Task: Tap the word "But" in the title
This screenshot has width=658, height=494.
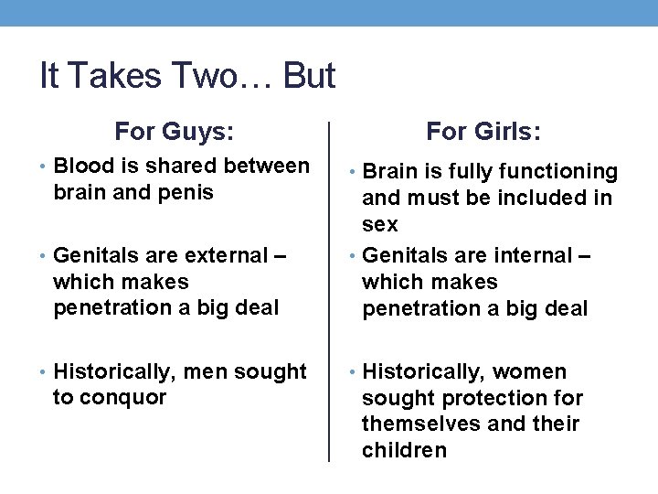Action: click(x=310, y=76)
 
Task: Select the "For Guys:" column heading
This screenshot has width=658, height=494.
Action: click(x=174, y=132)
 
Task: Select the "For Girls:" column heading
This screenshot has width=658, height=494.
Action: click(x=483, y=132)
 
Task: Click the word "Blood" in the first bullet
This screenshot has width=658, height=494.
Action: click(x=83, y=166)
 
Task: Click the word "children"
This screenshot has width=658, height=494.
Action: click(x=404, y=450)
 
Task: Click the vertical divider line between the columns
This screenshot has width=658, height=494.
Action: click(x=329, y=293)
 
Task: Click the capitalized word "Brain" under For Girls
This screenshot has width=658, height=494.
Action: click(x=390, y=172)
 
